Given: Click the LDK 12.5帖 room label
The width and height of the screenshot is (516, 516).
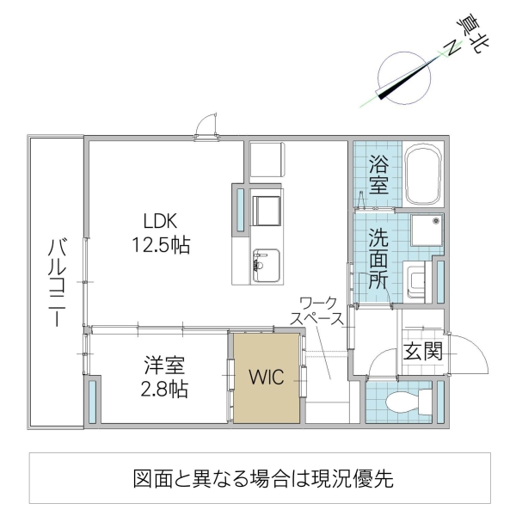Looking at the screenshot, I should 161,232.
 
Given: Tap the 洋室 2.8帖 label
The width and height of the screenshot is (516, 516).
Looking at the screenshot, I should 166,376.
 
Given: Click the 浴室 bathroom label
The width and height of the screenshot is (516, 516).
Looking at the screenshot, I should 378,175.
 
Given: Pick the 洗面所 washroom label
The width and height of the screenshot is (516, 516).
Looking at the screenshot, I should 378,256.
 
